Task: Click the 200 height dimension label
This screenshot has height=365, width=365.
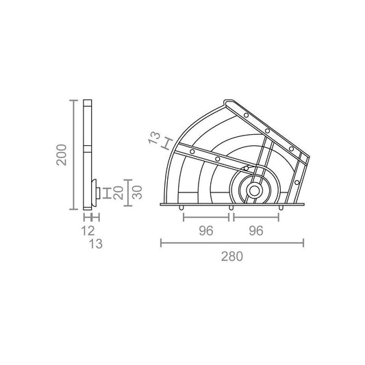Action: [62, 155]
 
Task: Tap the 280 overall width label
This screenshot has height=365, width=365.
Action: [232, 257]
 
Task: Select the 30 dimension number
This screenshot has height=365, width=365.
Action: [138, 192]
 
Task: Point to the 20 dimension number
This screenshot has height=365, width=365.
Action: [118, 192]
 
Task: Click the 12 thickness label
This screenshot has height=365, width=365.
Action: [88, 231]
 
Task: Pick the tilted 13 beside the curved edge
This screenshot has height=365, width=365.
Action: [155, 138]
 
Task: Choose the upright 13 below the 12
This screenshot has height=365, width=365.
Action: [96, 244]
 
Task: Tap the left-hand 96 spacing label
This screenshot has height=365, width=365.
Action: [206, 231]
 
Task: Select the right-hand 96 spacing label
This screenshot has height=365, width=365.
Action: [256, 231]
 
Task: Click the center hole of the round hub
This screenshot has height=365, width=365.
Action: [254, 191]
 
